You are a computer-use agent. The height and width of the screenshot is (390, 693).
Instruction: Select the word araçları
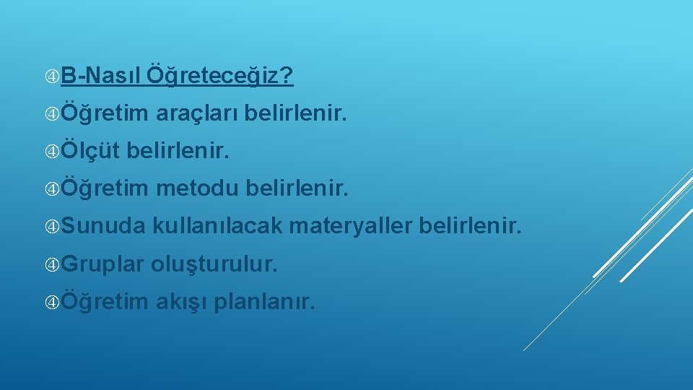pyautogui.click(x=197, y=113)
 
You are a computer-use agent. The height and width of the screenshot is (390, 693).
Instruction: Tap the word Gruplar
pyautogui.click(x=103, y=265)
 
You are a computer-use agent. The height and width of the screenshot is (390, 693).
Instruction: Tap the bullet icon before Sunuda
pyautogui.click(x=53, y=227)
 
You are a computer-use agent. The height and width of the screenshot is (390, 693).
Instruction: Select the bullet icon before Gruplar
pyautogui.click(x=53, y=265)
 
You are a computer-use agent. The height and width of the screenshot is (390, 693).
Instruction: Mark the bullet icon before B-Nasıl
pyautogui.click(x=53, y=75)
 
